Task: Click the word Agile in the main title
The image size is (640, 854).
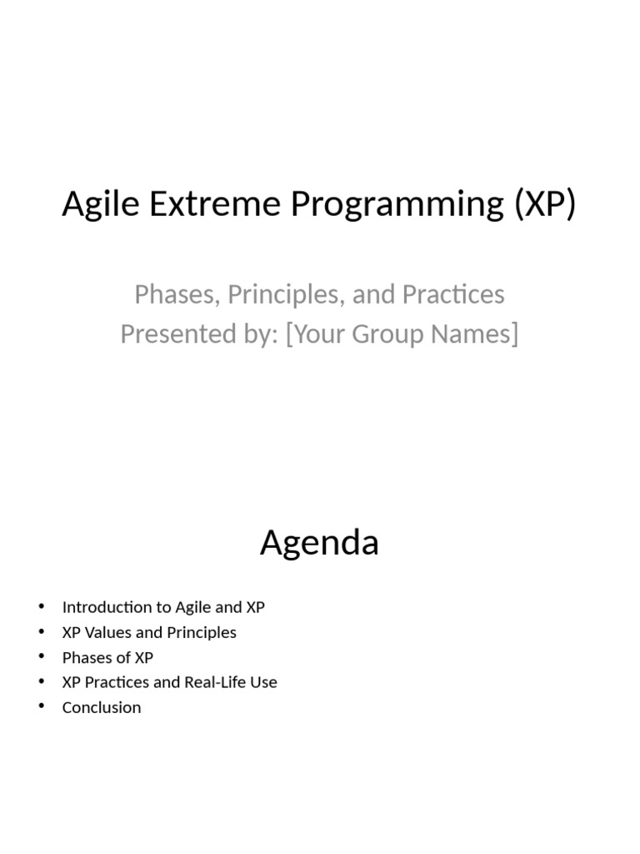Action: (101, 204)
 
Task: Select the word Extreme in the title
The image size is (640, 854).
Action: (215, 203)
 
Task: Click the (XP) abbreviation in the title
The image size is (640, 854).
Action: (544, 204)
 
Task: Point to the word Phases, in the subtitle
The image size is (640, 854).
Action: (177, 294)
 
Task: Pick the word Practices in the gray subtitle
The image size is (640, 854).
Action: (453, 294)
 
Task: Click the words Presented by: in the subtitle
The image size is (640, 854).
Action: (199, 334)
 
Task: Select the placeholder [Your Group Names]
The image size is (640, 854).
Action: (402, 334)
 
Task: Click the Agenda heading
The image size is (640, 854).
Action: (319, 543)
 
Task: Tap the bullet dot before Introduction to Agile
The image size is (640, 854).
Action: (42, 606)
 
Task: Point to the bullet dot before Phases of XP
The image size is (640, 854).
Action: (42, 657)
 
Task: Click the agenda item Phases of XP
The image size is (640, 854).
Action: (107, 657)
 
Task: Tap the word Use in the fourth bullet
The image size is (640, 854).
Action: (263, 682)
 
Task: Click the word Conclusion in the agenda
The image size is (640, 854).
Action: (102, 707)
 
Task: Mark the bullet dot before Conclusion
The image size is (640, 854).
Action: (42, 706)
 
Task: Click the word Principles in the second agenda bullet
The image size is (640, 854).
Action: (202, 632)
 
